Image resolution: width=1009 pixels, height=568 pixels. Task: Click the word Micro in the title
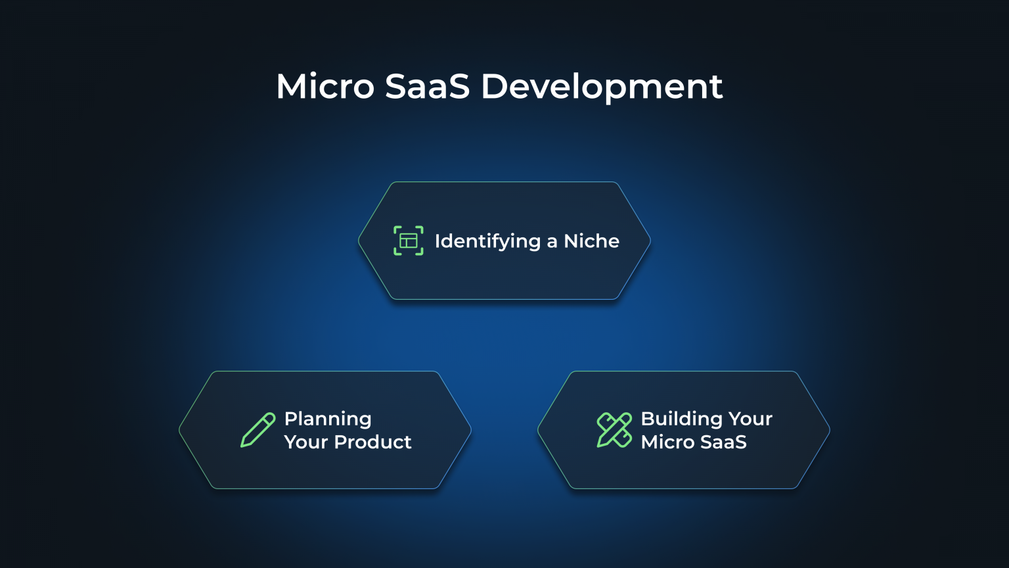pyautogui.click(x=325, y=86)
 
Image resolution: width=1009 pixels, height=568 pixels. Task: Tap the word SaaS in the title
pyautogui.click(x=427, y=86)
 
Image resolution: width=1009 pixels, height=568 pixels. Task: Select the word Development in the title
pyautogui.click(x=602, y=87)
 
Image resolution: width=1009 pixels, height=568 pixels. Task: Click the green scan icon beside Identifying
pyautogui.click(x=409, y=241)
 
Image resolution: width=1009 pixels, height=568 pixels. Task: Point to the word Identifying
pyautogui.click(x=487, y=242)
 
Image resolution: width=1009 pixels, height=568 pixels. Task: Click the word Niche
pyautogui.click(x=591, y=241)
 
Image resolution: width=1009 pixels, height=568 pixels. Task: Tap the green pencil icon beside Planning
pyautogui.click(x=258, y=430)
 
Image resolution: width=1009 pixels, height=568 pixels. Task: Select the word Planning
pyautogui.click(x=328, y=419)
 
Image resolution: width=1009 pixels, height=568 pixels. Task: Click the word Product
pyautogui.click(x=373, y=442)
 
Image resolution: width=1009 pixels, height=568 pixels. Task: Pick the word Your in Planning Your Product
pyautogui.click(x=306, y=442)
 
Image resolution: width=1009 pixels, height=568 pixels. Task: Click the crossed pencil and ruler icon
pyautogui.click(x=614, y=430)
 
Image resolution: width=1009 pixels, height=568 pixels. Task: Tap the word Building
pyautogui.click(x=681, y=419)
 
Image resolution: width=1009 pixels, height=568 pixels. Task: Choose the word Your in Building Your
pyautogui.click(x=750, y=419)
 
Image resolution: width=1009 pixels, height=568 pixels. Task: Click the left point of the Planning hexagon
pyautogui.click(x=179, y=430)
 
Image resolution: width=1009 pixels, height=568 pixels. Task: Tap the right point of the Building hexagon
pyautogui.click(x=830, y=430)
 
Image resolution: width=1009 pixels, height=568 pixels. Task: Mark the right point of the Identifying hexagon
pyautogui.click(x=650, y=241)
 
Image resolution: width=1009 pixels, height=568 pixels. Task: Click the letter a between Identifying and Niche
pyautogui.click(x=552, y=243)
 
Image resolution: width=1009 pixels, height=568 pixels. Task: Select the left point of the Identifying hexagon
pyautogui.click(x=359, y=241)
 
